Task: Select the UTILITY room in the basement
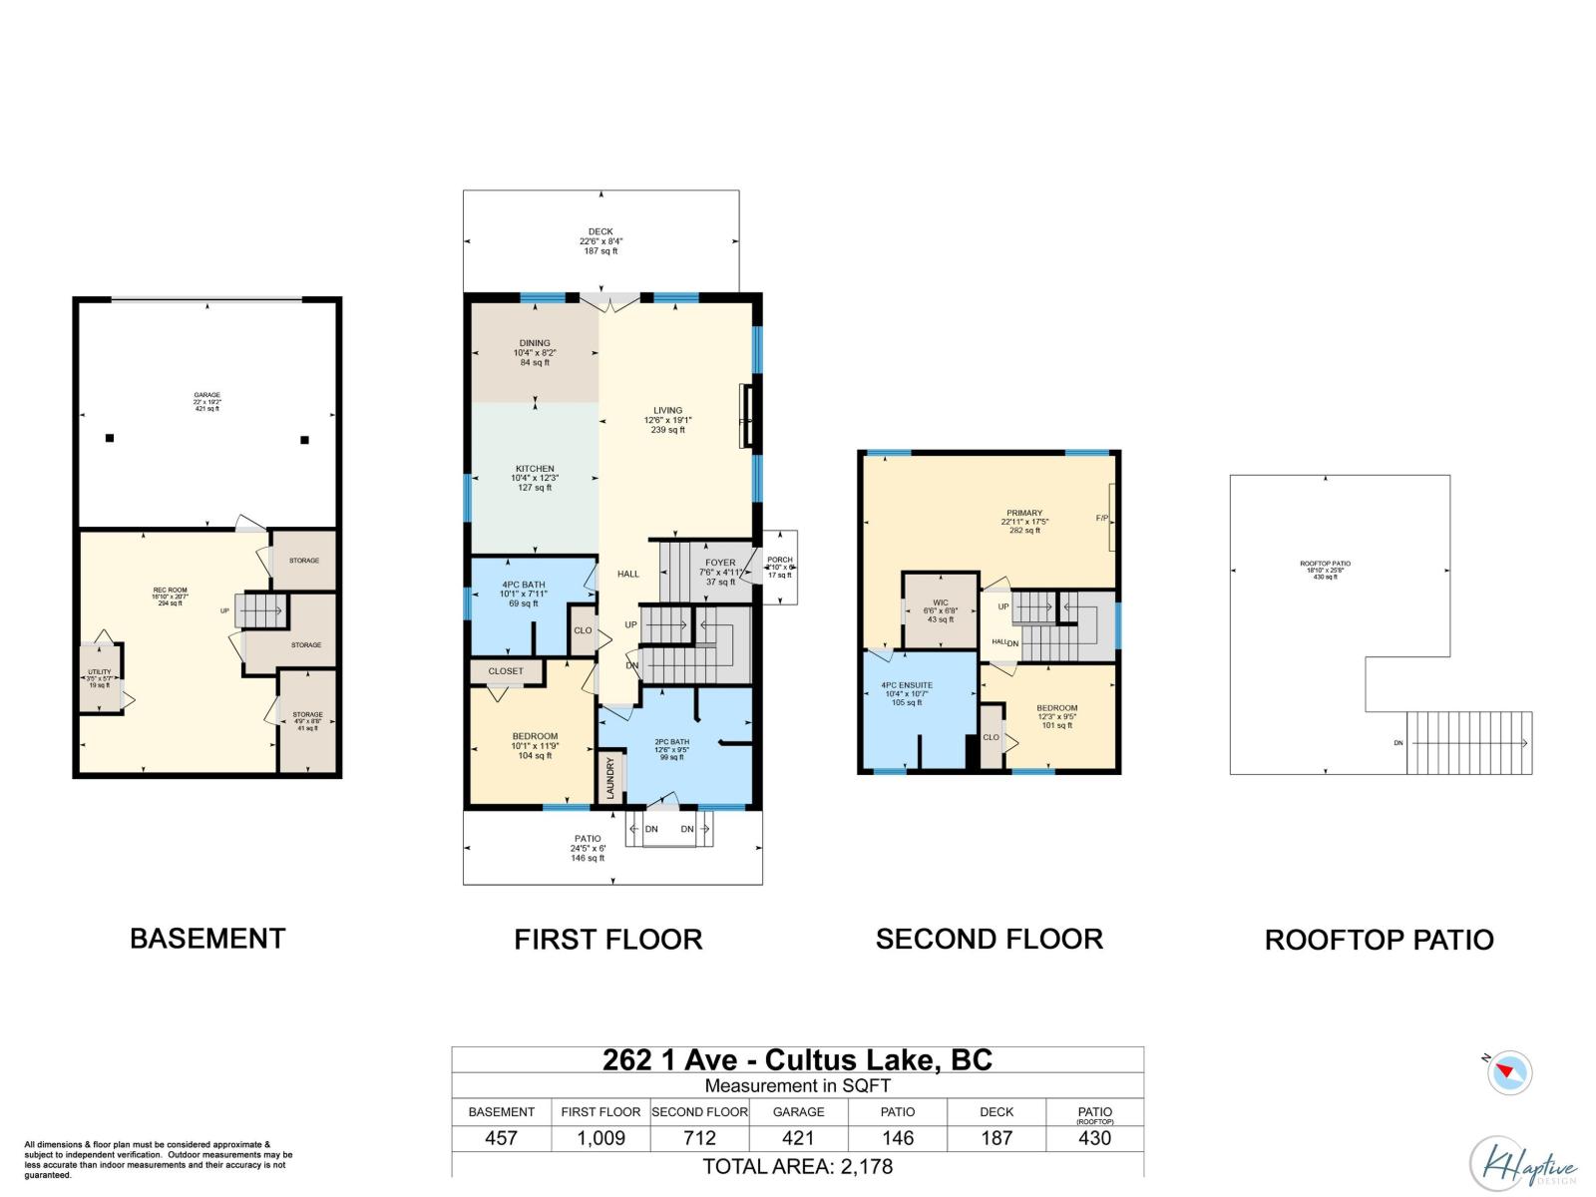pos(100,678)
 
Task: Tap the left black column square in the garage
pos(110,438)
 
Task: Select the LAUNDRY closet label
pos(611,778)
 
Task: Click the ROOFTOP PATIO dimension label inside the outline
pos(1325,570)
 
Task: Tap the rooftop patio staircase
pos(1468,742)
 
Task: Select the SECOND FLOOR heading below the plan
pos(989,939)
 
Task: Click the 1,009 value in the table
pos(600,1138)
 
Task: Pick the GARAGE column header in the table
pos(798,1111)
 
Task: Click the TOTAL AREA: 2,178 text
pos(797,1166)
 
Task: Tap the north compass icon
pos(1508,1073)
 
